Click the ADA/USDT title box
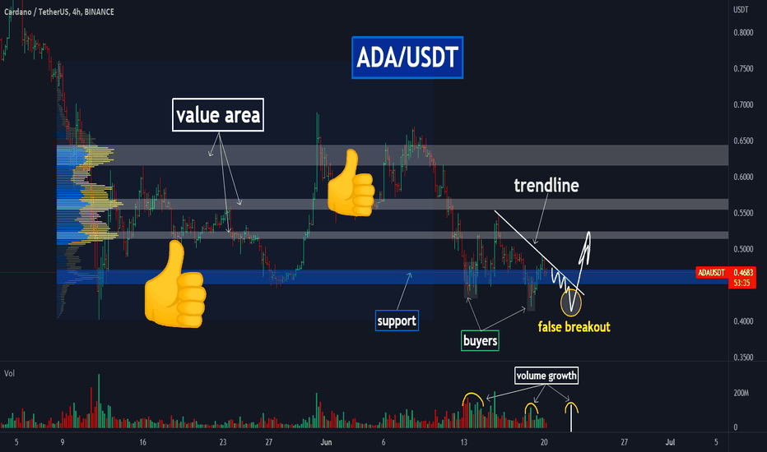pos(407,58)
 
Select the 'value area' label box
pos(218,115)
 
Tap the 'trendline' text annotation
pos(546,185)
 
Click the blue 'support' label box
pos(397,321)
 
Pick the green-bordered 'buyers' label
pos(480,340)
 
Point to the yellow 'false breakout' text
pos(574,326)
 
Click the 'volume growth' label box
pos(546,376)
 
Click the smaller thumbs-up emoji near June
pos(351,182)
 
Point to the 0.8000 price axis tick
pos(743,33)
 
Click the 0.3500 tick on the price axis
pos(743,357)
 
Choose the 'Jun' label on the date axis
pos(326,442)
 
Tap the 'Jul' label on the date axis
pos(670,442)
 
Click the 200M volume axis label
pos(741,393)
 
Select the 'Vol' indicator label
pos(9,373)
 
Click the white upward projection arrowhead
pos(588,237)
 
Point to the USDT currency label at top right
pos(741,9)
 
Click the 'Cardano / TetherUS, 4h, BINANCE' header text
pos(59,12)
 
